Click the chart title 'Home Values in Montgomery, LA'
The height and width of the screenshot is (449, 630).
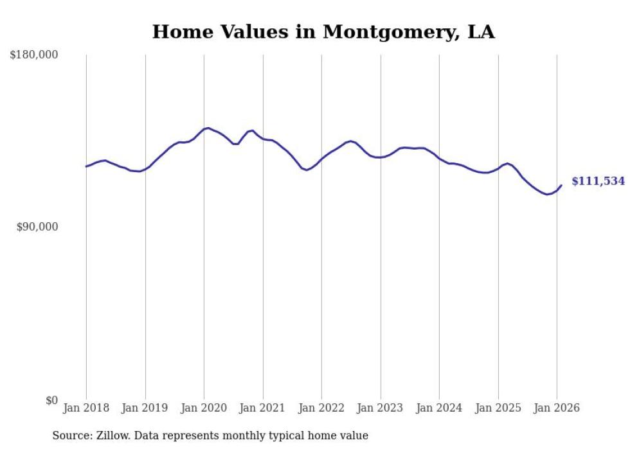[323, 31]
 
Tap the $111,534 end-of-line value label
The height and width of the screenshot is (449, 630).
[598, 181]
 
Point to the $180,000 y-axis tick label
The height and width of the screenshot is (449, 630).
[34, 55]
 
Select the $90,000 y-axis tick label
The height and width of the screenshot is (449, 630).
[37, 227]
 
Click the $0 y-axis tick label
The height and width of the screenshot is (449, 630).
[51, 400]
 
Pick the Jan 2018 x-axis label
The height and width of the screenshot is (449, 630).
[86, 408]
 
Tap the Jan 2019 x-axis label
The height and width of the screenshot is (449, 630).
[145, 408]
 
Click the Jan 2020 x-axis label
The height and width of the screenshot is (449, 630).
[204, 408]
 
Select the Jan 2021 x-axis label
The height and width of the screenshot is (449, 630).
[263, 408]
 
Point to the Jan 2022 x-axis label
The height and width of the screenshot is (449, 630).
[321, 408]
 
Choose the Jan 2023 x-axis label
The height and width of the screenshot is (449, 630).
[381, 408]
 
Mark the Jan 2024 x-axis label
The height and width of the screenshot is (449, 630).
[439, 408]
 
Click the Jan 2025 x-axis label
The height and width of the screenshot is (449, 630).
[498, 408]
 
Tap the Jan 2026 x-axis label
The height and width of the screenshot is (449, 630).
[557, 408]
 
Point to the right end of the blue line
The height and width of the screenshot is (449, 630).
[561, 186]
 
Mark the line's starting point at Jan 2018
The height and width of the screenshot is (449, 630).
[86, 166]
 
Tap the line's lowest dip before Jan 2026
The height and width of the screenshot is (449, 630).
[547, 194]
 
